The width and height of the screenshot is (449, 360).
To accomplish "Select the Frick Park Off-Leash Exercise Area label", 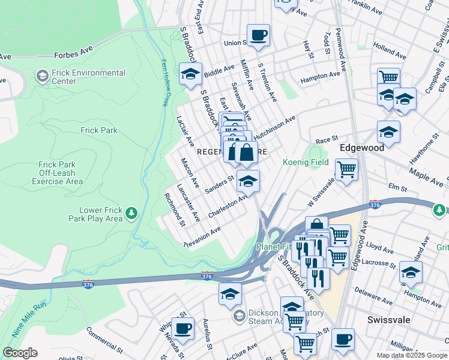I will point(57,173).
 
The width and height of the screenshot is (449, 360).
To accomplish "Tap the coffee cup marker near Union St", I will point(258,35).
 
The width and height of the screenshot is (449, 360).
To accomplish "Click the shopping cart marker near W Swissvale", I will point(346,169).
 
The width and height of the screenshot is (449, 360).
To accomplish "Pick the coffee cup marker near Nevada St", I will point(182,328).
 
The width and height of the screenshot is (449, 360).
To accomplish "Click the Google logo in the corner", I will point(20,353).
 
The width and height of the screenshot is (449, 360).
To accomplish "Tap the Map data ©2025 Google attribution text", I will point(411,355).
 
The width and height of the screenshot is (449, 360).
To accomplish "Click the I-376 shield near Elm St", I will point(376,204).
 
